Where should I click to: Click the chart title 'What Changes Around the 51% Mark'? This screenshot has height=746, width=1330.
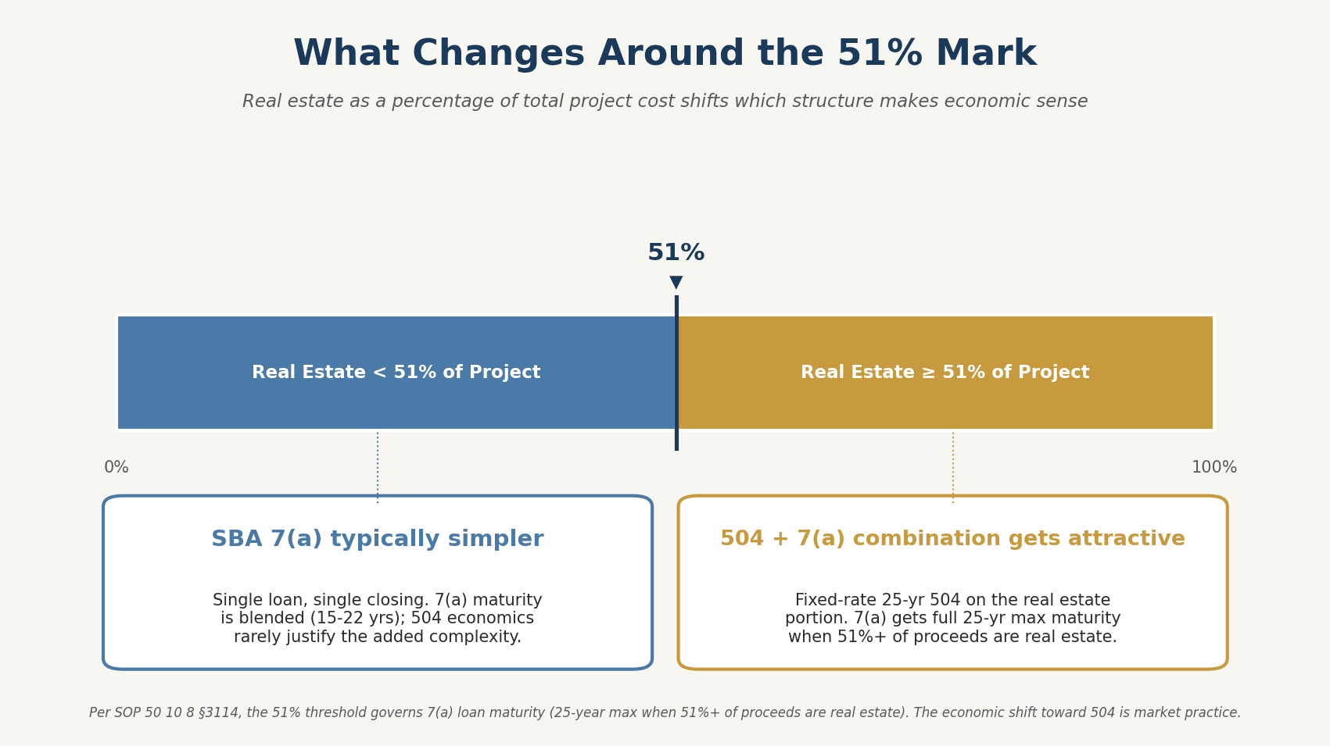click(x=665, y=55)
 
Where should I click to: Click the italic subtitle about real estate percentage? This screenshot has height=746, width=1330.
click(x=665, y=102)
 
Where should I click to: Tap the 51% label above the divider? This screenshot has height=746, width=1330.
click(x=676, y=253)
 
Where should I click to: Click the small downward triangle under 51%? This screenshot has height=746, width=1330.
click(x=676, y=282)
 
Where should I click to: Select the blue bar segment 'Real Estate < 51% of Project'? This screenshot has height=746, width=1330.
click(x=396, y=373)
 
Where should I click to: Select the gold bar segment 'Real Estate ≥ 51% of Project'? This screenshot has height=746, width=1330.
click(x=945, y=373)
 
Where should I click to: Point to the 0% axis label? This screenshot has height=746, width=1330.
click(x=117, y=468)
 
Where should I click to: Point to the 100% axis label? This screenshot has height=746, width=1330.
click(x=1213, y=468)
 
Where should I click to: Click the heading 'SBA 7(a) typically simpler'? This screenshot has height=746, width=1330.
click(x=377, y=539)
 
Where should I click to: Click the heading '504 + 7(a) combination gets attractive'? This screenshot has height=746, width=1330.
click(x=952, y=539)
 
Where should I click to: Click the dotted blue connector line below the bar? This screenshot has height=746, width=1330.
click(x=378, y=467)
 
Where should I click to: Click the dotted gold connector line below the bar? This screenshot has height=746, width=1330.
click(x=953, y=467)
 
